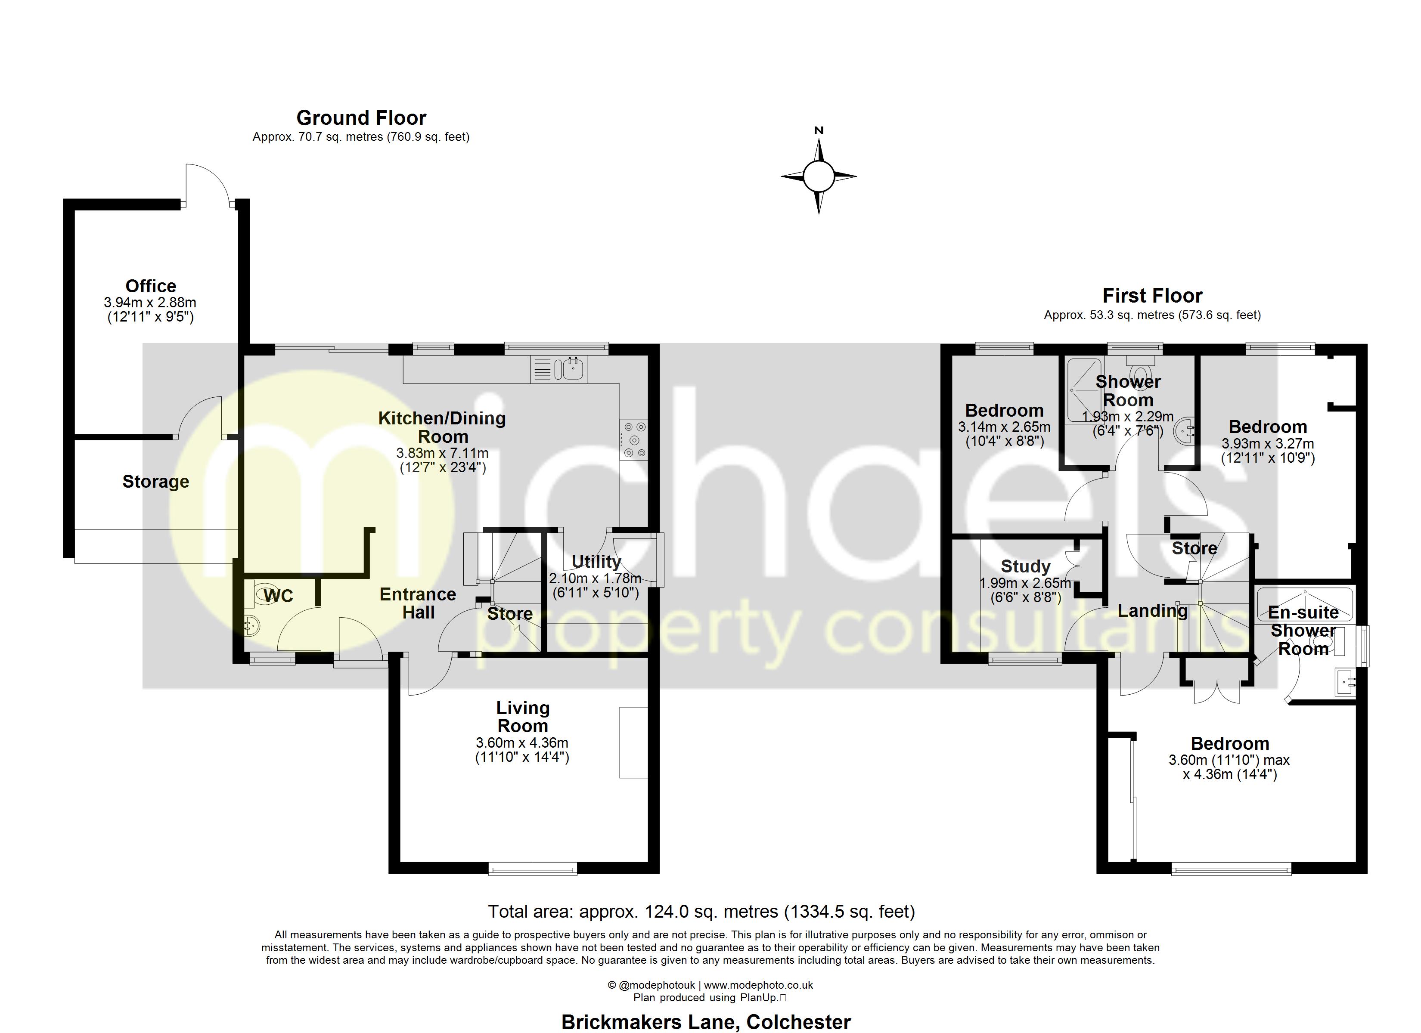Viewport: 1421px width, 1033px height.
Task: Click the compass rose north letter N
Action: coord(818,130)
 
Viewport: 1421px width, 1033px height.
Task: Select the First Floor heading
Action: coord(1152,296)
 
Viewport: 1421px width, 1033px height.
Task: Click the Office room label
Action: coord(150,286)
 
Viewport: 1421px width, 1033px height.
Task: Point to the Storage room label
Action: coord(155,481)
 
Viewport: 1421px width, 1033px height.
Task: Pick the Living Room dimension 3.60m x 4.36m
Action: coord(522,743)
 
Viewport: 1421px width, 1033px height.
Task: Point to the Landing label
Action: coord(1153,610)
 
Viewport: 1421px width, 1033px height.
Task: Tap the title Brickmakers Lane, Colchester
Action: coord(706,1022)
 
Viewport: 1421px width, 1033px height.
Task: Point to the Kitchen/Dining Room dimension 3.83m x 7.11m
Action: coord(442,453)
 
